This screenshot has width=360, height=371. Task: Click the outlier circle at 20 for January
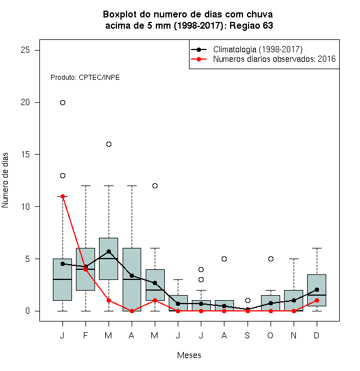[x=62, y=102]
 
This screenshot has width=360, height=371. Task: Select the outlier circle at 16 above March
[x=109, y=144]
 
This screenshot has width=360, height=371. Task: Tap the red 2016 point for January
[x=62, y=196]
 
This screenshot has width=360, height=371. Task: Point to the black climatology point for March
[x=109, y=251]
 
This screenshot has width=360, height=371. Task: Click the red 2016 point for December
[x=317, y=301]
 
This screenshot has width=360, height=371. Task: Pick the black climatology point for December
[x=317, y=289]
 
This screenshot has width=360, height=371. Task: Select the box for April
[x=132, y=279]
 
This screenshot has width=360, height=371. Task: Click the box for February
[x=85, y=269]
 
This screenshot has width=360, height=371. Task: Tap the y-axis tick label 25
[x=25, y=50]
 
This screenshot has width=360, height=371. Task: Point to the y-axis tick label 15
[x=25, y=154]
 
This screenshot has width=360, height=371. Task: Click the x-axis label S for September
[x=247, y=335]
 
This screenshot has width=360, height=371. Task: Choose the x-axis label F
[x=85, y=335]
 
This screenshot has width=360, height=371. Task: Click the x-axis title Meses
[x=189, y=355]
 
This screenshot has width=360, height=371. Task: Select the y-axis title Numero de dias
[x=5, y=180]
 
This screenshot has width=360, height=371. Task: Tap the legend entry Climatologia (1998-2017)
[x=258, y=49]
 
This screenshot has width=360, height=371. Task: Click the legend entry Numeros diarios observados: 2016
[x=274, y=59]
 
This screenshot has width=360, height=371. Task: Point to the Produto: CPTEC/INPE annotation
[x=85, y=78]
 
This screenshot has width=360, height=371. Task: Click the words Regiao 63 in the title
[x=251, y=25]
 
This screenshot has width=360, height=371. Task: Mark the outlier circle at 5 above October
[x=271, y=259]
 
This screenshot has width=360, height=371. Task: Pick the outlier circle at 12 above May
[x=155, y=185]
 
